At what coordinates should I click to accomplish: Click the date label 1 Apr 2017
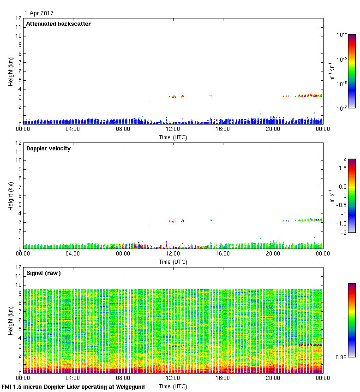39,13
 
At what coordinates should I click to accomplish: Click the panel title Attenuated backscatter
58,24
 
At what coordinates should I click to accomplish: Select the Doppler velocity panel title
48,148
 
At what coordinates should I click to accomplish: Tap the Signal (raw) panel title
43,273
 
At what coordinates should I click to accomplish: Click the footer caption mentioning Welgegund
73,387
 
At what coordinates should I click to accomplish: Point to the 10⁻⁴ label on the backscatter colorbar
342,35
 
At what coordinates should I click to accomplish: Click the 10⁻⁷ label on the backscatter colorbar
342,108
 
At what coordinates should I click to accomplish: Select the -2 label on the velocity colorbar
343,233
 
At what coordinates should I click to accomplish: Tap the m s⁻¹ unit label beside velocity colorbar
331,196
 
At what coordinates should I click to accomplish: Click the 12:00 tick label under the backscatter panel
173,130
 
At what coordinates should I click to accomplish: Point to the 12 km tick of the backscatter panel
18,18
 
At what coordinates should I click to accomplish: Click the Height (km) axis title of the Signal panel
11,321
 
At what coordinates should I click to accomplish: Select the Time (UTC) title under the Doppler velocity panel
173,261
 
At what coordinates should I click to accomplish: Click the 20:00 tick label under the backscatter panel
273,130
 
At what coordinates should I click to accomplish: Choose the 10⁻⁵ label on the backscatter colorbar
342,59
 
